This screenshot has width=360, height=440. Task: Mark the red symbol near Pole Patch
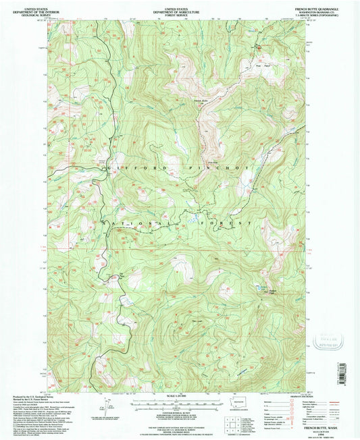(257, 48)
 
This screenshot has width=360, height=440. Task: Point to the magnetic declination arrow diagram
(103, 406)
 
